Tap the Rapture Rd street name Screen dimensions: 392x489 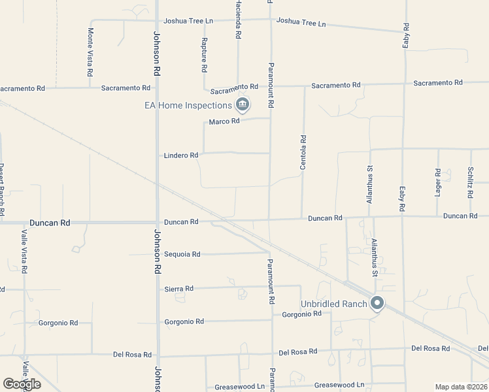click(205, 55)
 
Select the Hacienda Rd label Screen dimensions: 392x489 click(238, 19)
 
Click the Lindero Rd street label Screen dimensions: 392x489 click(180, 155)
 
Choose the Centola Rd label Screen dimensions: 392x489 click(303, 152)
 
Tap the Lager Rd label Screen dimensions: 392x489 click(438, 181)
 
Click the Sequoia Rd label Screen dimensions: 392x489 click(182, 254)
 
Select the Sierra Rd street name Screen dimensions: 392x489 click(178, 289)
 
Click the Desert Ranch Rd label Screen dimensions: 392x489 click(2, 189)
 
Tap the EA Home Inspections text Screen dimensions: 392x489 click(188, 105)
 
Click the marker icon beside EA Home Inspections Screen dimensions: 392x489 click(243, 105)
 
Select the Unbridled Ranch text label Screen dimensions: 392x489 click(333, 304)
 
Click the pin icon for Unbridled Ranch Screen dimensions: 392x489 click(377, 303)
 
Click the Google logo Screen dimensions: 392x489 click(22, 384)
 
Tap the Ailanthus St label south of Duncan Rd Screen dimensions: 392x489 click(375, 257)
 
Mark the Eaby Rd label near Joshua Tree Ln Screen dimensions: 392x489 click(406, 35)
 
